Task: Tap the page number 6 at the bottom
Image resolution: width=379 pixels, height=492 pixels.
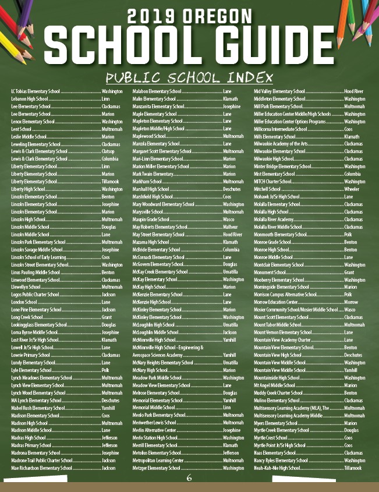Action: (189, 479)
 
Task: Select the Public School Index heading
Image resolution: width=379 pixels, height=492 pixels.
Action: (189, 78)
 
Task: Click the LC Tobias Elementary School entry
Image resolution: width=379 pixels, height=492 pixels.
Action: (35, 91)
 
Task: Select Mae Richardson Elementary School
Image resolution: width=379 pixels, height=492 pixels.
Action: (41, 468)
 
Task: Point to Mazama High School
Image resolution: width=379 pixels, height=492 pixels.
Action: (151, 242)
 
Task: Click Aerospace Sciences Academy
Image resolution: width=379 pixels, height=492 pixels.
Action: (157, 355)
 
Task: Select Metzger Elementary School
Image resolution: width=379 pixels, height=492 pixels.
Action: (157, 468)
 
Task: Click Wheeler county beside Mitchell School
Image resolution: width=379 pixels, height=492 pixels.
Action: (352, 189)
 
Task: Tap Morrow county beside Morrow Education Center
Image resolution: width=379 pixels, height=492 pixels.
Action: (351, 303)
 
